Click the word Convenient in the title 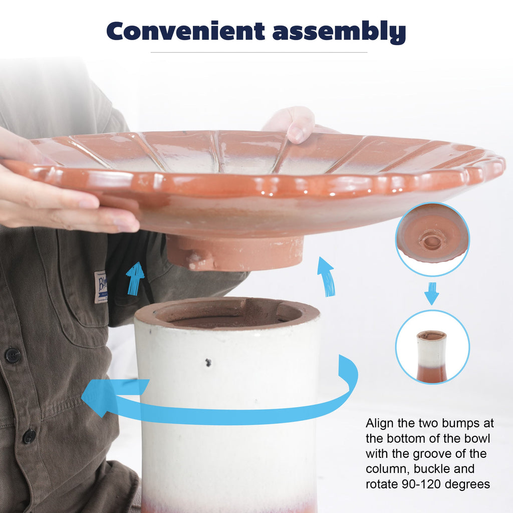tap(185, 31)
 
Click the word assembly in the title tap(339, 32)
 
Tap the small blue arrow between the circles tap(431, 293)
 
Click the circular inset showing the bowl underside tap(432, 239)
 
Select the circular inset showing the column tap(432, 347)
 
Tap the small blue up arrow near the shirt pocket tap(135, 279)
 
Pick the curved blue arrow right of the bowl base tap(326, 277)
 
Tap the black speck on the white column tap(208, 362)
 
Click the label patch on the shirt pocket tap(101, 287)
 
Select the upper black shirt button tap(13, 356)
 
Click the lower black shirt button tap(29, 436)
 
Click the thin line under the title tap(259, 52)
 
